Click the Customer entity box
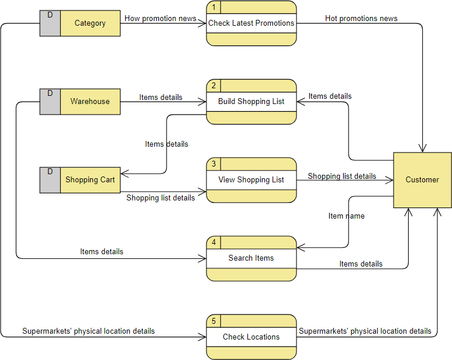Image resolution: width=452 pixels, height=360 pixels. point(422,180)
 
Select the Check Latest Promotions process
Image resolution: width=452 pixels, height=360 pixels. point(251,23)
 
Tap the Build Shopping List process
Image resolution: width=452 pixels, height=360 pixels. point(251,102)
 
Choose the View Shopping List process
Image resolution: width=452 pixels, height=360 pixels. point(251,180)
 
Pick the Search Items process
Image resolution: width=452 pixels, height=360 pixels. point(251,258)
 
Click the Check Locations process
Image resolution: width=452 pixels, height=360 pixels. point(251,337)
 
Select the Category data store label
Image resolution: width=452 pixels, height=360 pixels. point(90,23)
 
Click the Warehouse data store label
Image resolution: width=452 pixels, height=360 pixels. point(90,102)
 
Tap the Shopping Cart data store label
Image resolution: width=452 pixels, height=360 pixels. point(90,180)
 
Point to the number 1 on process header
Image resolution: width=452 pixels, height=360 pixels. point(213,8)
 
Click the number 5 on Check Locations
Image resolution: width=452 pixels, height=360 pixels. point(213,321)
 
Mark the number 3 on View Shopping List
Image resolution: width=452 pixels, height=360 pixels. point(213,164)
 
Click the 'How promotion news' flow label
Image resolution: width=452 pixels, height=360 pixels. point(160,19)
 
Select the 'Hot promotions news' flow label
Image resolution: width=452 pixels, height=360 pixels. point(361,19)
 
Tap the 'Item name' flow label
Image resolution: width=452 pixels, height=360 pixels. point(346,216)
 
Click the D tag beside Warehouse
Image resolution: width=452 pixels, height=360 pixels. point(50,94)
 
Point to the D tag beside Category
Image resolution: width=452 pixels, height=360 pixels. point(50,15)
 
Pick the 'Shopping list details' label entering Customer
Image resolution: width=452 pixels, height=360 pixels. point(342,176)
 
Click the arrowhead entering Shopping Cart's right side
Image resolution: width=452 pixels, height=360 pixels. point(124,173)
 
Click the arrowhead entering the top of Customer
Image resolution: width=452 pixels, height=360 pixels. point(422,148)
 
